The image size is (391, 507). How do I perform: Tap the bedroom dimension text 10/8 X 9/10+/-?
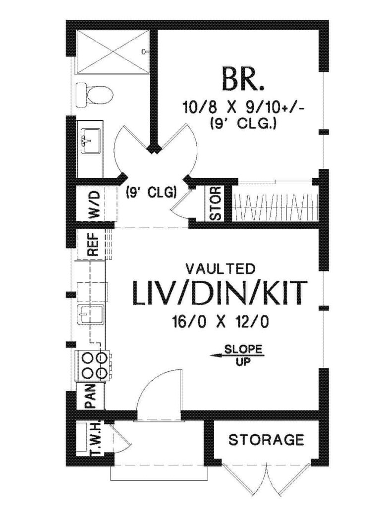pyautogui.click(x=243, y=107)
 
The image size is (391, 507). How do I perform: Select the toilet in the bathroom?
pyautogui.click(x=94, y=95)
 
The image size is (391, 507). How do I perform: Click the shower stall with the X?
pyautogui.click(x=112, y=51)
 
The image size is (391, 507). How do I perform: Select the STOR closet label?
pyautogui.click(x=215, y=203)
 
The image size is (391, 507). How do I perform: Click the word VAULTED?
pyautogui.click(x=221, y=268)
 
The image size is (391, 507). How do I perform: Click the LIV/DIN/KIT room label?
pyautogui.click(x=220, y=293)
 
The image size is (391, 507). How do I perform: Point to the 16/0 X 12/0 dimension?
pyautogui.click(x=221, y=322)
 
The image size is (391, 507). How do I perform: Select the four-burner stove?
pyautogui.click(x=94, y=365)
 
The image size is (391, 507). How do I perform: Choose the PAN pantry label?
pyautogui.click(x=90, y=396)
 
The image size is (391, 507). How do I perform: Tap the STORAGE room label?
pyautogui.click(x=266, y=440)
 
